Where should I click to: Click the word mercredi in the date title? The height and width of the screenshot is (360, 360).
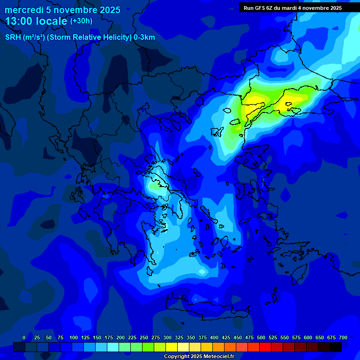[x=24, y=10]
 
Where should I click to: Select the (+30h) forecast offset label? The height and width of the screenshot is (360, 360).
[x=81, y=21]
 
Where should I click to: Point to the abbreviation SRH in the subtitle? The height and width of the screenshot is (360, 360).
[x=13, y=37]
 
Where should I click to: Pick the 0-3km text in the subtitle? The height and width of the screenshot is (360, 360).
[x=144, y=37]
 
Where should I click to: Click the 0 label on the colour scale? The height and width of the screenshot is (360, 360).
[x=24, y=337]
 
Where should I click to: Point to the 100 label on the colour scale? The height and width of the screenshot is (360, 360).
[x=74, y=337]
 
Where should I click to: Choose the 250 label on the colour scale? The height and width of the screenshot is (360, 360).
[x=144, y=337]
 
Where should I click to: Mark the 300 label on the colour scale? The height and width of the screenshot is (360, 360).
[x=167, y=337]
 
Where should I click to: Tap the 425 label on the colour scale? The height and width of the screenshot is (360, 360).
[x=226, y=337]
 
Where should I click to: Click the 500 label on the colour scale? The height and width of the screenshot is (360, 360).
[x=261, y=337]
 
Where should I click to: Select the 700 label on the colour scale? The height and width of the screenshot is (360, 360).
[x=343, y=337]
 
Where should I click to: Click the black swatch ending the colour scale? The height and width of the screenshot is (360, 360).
[x=336, y=347]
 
